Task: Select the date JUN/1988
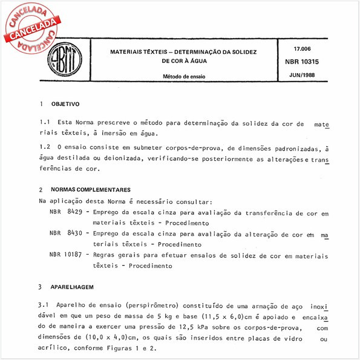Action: (x=305, y=77)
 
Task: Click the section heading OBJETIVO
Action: (x=65, y=104)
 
